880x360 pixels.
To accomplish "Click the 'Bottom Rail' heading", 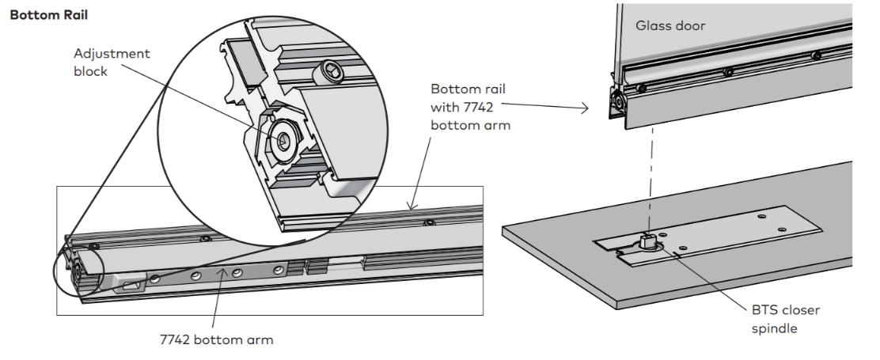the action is click(49, 15).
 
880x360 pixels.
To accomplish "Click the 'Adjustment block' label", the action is click(112, 63).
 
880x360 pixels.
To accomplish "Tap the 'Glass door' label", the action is click(670, 25).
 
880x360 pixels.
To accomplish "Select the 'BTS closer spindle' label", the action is click(785, 319).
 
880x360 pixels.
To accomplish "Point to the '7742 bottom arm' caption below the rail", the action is click(216, 339).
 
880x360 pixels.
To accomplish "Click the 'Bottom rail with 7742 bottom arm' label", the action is click(470, 107).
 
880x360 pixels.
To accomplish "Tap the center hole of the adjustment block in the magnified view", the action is click(282, 141).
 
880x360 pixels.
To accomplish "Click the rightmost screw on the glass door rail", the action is click(816, 55).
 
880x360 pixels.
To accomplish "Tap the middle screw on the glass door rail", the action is click(729, 72).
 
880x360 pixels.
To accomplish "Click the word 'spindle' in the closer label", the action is click(775, 328).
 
